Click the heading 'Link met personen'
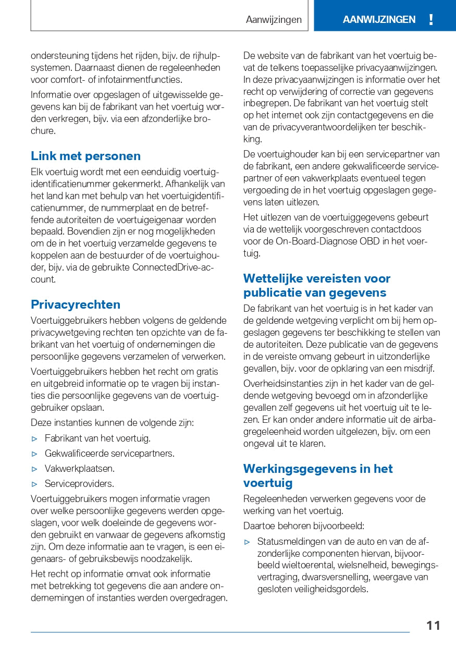(x=85, y=156)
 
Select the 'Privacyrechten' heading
(x=76, y=304)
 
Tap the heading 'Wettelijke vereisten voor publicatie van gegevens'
(x=316, y=285)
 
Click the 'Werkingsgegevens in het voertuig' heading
(x=318, y=475)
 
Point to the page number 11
(x=433, y=626)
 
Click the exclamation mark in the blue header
(x=430, y=20)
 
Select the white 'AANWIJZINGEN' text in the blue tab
(x=379, y=20)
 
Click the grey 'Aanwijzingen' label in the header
(x=274, y=20)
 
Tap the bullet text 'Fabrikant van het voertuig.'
(x=97, y=438)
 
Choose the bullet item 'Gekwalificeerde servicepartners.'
(x=109, y=454)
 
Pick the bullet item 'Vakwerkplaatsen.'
(x=80, y=469)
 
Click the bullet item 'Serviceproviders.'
(x=79, y=484)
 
